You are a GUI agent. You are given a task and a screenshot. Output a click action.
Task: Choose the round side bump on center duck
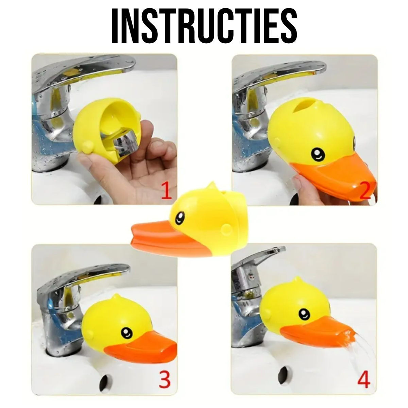coord(226,229)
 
